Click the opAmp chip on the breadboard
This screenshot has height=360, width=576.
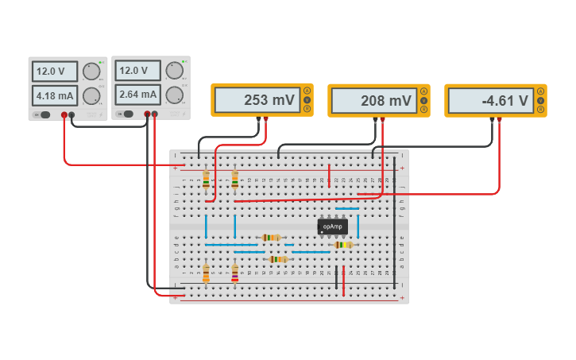pyautogui.click(x=332, y=226)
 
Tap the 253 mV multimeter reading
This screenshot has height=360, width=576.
pyautogui.click(x=256, y=101)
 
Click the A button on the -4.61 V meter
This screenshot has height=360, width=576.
pyautogui.click(x=540, y=91)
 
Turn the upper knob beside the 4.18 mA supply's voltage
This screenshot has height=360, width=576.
pyautogui.click(x=91, y=72)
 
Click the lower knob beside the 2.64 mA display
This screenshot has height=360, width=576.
pyautogui.click(x=174, y=95)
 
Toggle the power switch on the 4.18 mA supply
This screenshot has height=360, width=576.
pyautogui.click(x=44, y=114)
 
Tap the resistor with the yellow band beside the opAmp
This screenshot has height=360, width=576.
pyautogui.click(x=343, y=245)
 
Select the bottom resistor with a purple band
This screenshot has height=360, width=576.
pyautogui.click(x=234, y=273)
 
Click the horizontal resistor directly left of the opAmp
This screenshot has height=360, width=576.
pyautogui.click(x=272, y=237)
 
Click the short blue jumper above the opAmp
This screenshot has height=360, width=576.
pyautogui.click(x=347, y=208)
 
